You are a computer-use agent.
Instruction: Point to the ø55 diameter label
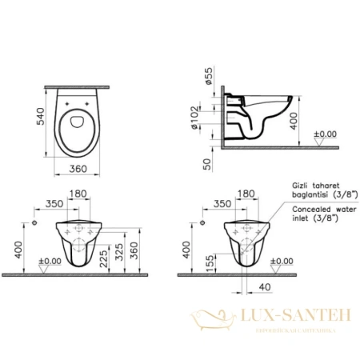pyautogui.click(x=206, y=78)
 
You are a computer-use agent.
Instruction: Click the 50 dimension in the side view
pyautogui.click(x=206, y=163)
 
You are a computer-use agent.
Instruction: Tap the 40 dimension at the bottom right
pyautogui.click(x=264, y=289)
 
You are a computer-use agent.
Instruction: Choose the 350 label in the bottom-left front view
pyautogui.click(x=54, y=203)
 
